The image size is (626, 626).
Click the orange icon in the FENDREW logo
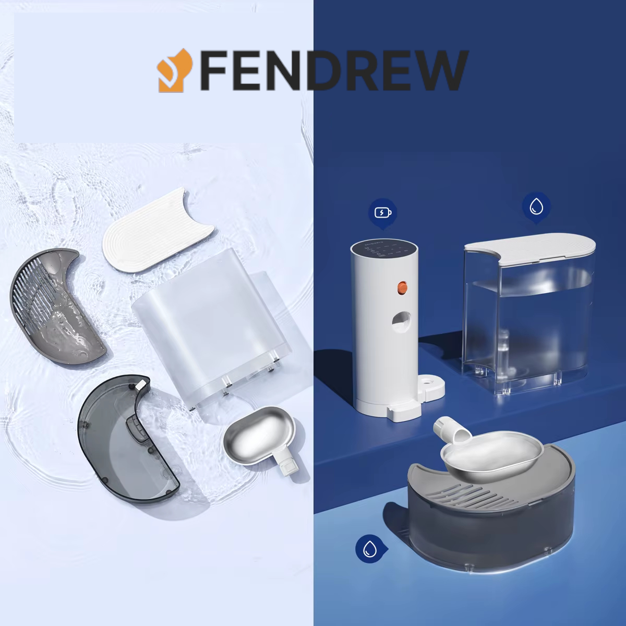tap(176, 69)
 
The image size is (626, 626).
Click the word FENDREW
tap(334, 70)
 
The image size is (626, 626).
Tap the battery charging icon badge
tap(383, 213)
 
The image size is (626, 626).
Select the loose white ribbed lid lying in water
tap(157, 239)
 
